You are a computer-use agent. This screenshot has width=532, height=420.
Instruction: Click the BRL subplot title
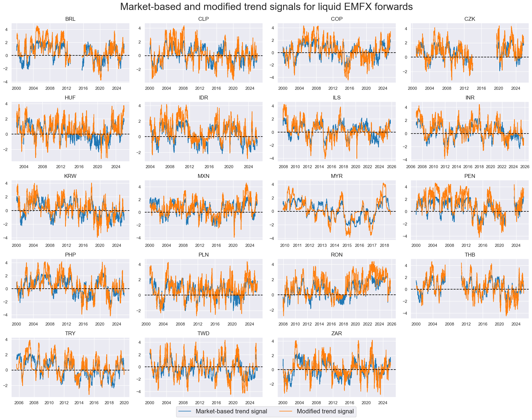click(70, 19)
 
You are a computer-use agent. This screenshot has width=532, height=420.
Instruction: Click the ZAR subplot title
click(336, 333)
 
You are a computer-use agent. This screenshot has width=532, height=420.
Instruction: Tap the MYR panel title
click(336, 176)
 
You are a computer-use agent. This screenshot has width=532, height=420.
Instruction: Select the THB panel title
click(470, 255)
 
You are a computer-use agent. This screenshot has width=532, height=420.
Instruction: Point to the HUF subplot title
click(70, 98)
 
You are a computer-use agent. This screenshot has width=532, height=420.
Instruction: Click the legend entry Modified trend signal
click(325, 411)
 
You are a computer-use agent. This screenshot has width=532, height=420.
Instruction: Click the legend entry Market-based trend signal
click(231, 411)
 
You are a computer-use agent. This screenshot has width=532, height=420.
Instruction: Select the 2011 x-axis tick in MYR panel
click(297, 245)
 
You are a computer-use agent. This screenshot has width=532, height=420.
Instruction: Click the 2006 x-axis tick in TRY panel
click(19, 403)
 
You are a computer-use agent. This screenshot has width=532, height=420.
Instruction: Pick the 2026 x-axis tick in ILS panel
click(391, 167)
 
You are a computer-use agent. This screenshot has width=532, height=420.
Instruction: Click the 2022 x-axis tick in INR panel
click(502, 167)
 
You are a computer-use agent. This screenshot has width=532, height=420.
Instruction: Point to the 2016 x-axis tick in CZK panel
click(481, 88)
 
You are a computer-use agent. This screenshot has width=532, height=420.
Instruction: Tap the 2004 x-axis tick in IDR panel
click(150, 167)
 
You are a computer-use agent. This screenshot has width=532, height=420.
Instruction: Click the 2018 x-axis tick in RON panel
click(343, 324)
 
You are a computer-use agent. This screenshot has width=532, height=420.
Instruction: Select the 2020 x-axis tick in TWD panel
click(233, 403)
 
